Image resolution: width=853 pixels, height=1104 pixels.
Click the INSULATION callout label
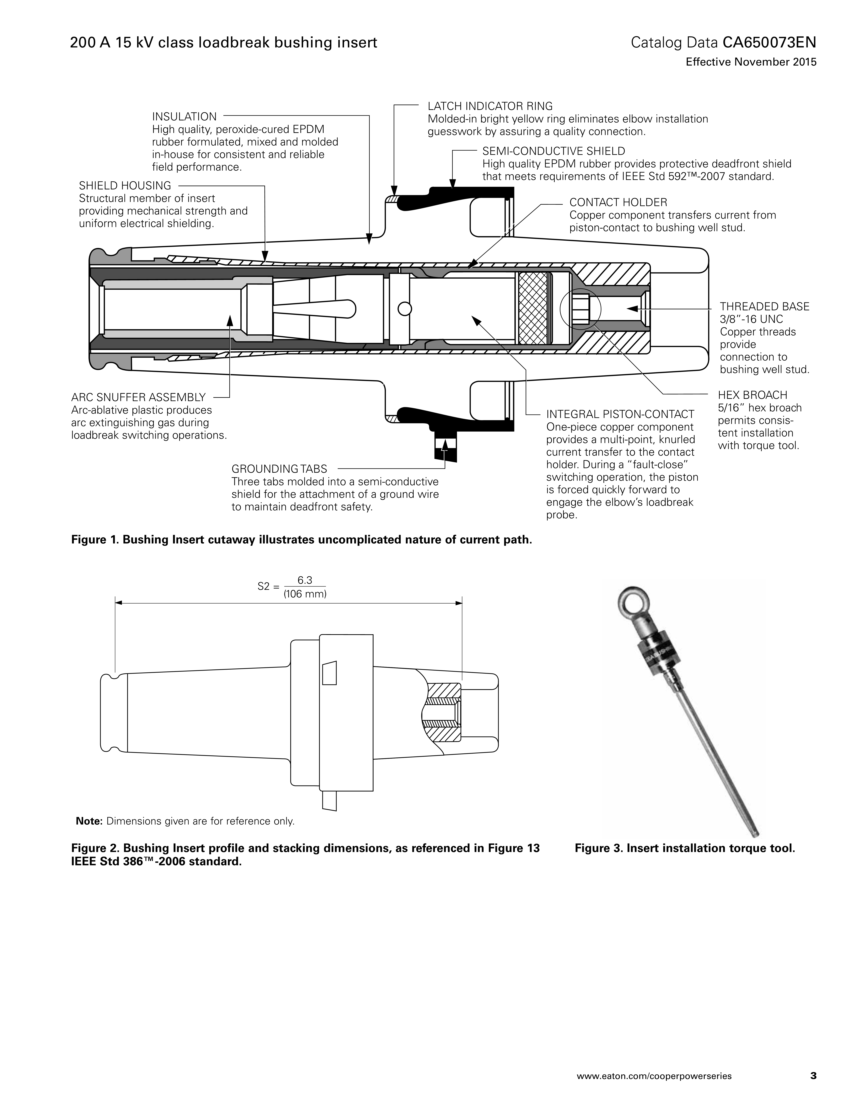(185, 117)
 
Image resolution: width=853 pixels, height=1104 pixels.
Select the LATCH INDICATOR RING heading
(490, 106)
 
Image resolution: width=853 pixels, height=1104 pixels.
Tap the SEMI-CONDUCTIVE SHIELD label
(553, 151)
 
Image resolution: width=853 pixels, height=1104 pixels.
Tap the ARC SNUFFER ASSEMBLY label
(138, 397)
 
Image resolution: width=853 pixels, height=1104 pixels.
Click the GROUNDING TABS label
(279, 469)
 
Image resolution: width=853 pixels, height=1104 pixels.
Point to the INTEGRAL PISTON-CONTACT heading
(620, 415)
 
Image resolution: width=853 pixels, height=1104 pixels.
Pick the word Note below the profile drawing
(89, 821)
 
